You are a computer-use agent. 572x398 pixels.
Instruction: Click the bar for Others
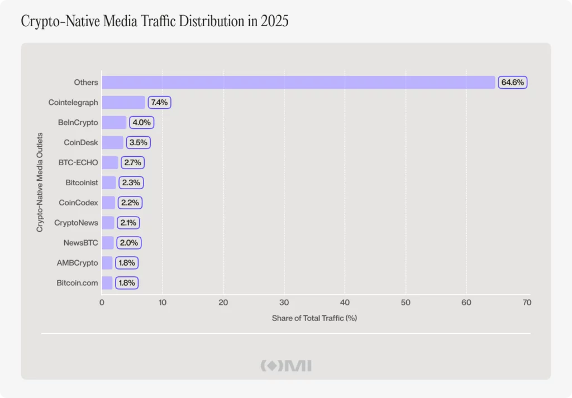tap(298, 82)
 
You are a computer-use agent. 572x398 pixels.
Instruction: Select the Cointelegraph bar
tap(123, 102)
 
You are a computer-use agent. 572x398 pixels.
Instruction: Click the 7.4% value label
tap(159, 102)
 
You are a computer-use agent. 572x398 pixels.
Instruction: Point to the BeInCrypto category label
tap(78, 122)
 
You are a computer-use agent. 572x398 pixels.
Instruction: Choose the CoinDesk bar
tap(112, 142)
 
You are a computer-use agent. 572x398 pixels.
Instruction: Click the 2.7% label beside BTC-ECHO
tap(133, 162)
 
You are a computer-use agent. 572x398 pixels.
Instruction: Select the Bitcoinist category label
tap(82, 183)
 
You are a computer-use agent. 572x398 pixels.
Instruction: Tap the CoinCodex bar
tap(108, 203)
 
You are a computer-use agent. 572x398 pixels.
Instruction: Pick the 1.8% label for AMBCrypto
tap(127, 263)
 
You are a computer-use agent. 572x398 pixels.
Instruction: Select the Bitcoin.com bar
tap(107, 283)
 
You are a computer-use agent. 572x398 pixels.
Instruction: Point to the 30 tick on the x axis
tap(284, 303)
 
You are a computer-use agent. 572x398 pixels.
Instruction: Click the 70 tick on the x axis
tap(527, 303)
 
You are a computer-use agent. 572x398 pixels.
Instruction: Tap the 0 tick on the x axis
tap(102, 303)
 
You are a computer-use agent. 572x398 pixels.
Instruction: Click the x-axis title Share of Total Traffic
tap(314, 318)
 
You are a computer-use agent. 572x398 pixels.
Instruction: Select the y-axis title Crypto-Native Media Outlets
tap(40, 182)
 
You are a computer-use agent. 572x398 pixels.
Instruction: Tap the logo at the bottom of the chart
tap(286, 366)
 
